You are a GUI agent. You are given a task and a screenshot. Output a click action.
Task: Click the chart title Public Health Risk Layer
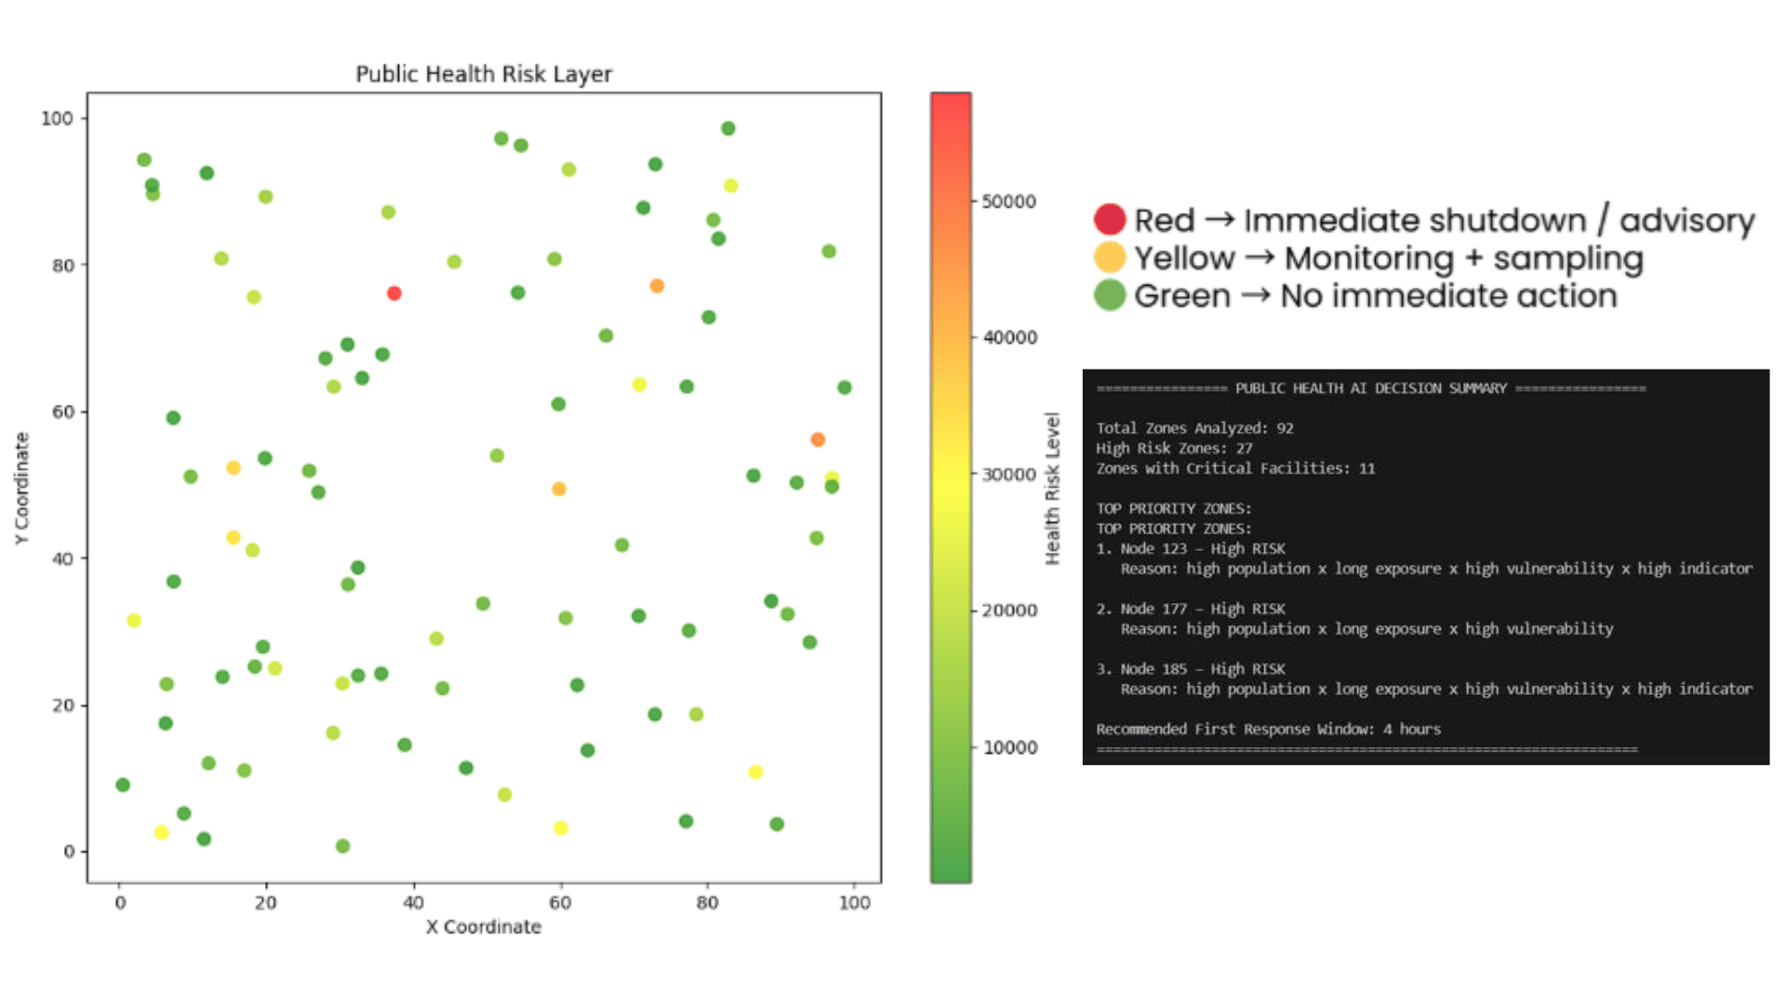coord(484,74)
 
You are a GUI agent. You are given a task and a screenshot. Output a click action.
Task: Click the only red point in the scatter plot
coord(394,293)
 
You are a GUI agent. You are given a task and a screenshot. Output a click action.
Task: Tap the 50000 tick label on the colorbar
coord(1009,202)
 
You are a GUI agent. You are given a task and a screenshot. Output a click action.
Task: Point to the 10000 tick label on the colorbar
coord(1009,747)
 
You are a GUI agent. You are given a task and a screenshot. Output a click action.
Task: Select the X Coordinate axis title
coord(484,927)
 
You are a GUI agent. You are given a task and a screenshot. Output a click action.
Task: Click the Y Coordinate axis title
coord(22,488)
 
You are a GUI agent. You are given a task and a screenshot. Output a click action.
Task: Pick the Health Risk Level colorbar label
coord(1052,488)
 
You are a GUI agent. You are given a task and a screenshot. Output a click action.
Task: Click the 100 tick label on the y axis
coord(57,118)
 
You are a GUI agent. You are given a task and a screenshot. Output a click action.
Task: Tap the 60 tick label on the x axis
coord(560,903)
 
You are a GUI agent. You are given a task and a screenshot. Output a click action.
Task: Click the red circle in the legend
coord(1110,220)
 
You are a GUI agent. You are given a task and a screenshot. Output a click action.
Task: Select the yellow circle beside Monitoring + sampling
coord(1110,257)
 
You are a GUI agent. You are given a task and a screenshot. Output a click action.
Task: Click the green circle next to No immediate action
coord(1110,295)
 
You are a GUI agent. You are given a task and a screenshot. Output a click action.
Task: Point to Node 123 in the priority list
coord(1153,549)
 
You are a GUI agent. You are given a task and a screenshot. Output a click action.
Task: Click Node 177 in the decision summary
coord(1153,609)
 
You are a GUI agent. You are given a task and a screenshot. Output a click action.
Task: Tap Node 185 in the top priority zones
coord(1153,669)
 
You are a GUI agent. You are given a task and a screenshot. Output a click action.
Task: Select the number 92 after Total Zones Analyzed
coord(1285,428)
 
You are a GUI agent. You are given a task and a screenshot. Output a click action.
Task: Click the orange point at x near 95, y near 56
coord(818,439)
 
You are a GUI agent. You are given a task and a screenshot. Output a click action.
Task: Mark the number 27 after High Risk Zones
coord(1244,449)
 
